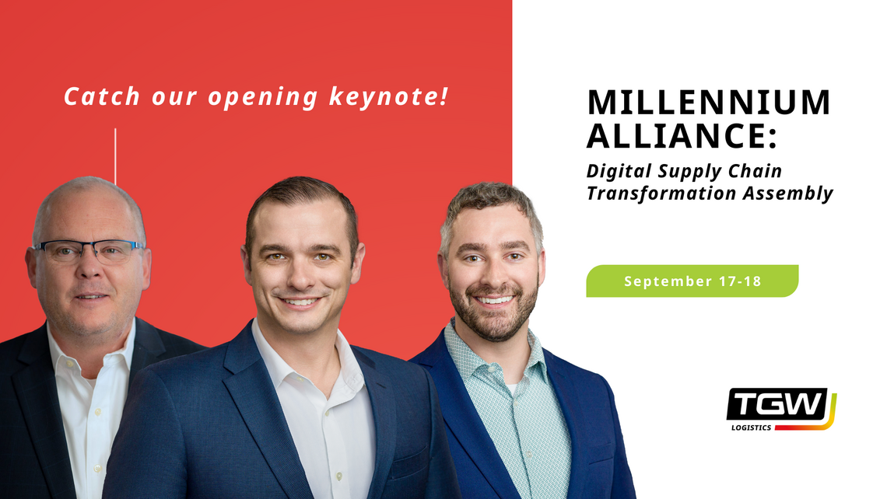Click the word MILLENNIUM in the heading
click(x=708, y=102)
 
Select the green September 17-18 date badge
click(x=692, y=281)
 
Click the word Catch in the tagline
click(x=102, y=96)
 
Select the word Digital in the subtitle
click(x=616, y=171)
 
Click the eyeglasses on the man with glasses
click(x=88, y=249)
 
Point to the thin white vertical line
click(x=115, y=156)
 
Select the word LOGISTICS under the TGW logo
click(x=752, y=427)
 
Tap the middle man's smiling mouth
click(x=300, y=302)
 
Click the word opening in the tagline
click(x=263, y=97)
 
